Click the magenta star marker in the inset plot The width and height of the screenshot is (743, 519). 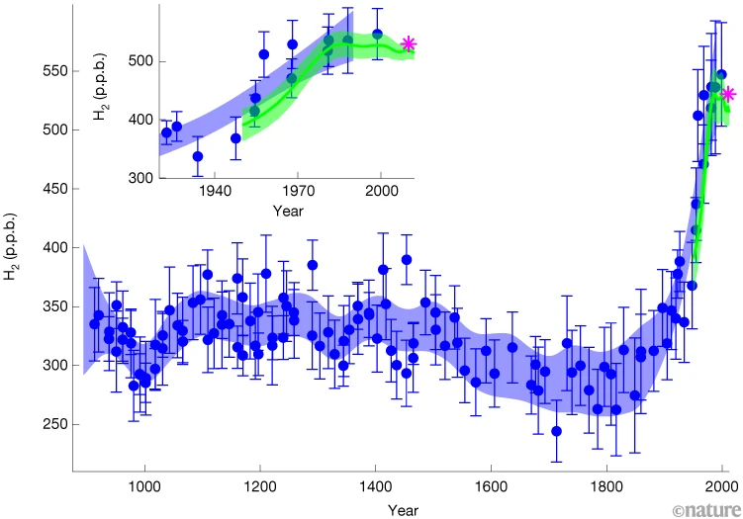pyautogui.click(x=409, y=43)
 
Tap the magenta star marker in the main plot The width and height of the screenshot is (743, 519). pyautogui.click(x=729, y=94)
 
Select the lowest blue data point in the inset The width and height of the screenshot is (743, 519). pyautogui.click(x=198, y=156)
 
